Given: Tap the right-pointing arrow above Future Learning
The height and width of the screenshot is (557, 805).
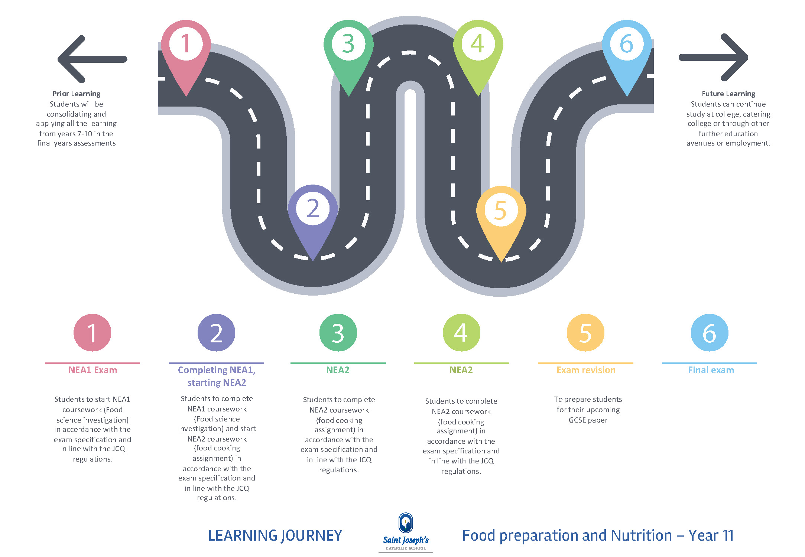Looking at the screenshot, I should pyautogui.click(x=713, y=57).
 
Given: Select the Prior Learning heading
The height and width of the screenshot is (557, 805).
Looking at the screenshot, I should pyautogui.click(x=77, y=94).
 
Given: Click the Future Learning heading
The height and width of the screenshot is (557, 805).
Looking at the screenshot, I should pyautogui.click(x=728, y=94).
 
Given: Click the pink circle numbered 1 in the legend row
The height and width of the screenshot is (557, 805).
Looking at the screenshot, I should pyautogui.click(x=92, y=333).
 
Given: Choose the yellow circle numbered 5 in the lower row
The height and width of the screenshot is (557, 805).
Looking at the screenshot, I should pyautogui.click(x=585, y=333).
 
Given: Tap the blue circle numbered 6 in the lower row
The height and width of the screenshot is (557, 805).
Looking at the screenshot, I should pyautogui.click(x=709, y=333).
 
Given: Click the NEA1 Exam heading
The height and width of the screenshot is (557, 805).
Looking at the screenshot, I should pyautogui.click(x=92, y=370).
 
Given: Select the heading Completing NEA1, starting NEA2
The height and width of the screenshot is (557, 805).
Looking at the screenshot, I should pyautogui.click(x=217, y=376).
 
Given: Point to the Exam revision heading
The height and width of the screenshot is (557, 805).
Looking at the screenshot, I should pyautogui.click(x=586, y=370).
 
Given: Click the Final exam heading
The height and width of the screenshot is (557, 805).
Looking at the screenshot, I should pyautogui.click(x=711, y=370).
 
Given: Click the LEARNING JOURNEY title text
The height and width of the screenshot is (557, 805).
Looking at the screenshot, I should pyautogui.click(x=275, y=535).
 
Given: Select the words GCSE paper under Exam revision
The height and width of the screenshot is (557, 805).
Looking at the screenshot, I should pyautogui.click(x=588, y=420).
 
